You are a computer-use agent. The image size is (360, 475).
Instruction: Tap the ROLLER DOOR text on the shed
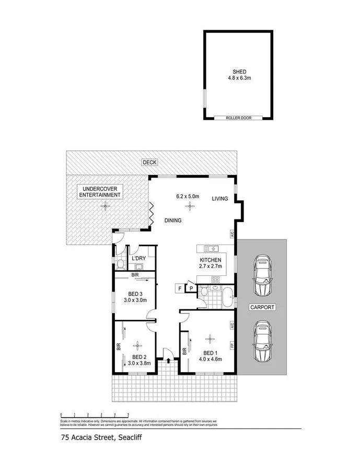(239, 118)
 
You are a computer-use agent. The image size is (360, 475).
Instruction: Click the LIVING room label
(220, 199)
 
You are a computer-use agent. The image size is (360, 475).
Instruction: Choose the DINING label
(172, 221)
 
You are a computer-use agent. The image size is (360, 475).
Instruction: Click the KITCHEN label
(211, 260)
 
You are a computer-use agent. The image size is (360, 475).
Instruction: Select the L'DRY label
(138, 258)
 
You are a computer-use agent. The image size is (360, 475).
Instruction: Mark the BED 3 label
(135, 293)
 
